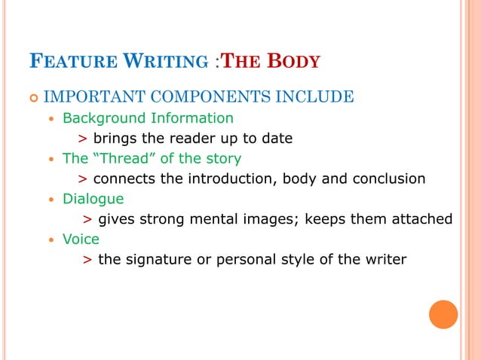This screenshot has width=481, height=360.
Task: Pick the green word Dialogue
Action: (x=93, y=199)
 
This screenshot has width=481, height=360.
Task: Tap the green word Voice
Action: (x=81, y=239)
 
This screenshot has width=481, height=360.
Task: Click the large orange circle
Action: (x=443, y=314)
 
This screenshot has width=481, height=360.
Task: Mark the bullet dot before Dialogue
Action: (x=51, y=200)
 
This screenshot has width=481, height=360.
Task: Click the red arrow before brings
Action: (x=82, y=139)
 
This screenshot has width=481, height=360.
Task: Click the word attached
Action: (x=421, y=219)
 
